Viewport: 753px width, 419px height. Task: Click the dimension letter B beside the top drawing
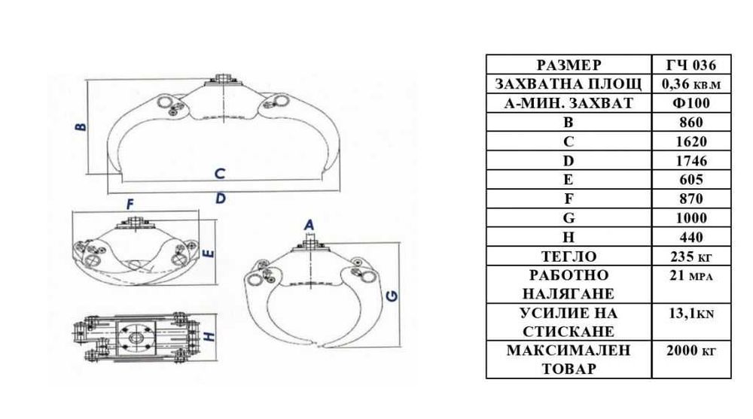(x=81, y=126)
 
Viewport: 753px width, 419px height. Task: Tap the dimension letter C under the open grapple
(x=220, y=173)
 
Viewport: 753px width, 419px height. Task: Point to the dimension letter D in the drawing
(x=221, y=198)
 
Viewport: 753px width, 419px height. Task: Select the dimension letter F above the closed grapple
(x=130, y=205)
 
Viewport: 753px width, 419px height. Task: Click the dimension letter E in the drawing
(x=209, y=252)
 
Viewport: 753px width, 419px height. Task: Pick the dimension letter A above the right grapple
(x=309, y=225)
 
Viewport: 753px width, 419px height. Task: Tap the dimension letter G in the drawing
(x=392, y=296)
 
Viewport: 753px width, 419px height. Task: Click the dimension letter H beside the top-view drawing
(x=209, y=337)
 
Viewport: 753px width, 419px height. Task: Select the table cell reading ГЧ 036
(x=691, y=65)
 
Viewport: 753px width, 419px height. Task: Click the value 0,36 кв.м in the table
(x=691, y=84)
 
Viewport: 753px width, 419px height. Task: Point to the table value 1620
(x=691, y=141)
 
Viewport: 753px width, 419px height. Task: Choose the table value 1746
(x=691, y=161)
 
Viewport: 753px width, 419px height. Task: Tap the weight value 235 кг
(x=691, y=257)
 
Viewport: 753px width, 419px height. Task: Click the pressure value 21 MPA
(x=691, y=276)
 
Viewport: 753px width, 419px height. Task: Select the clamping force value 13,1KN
(x=691, y=314)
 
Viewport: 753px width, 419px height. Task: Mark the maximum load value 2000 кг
(x=691, y=351)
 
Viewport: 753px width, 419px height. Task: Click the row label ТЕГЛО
(x=569, y=257)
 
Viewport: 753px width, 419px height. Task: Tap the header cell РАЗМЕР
(x=569, y=65)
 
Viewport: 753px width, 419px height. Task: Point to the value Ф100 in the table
(x=691, y=103)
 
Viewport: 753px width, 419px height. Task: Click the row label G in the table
(x=569, y=218)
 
